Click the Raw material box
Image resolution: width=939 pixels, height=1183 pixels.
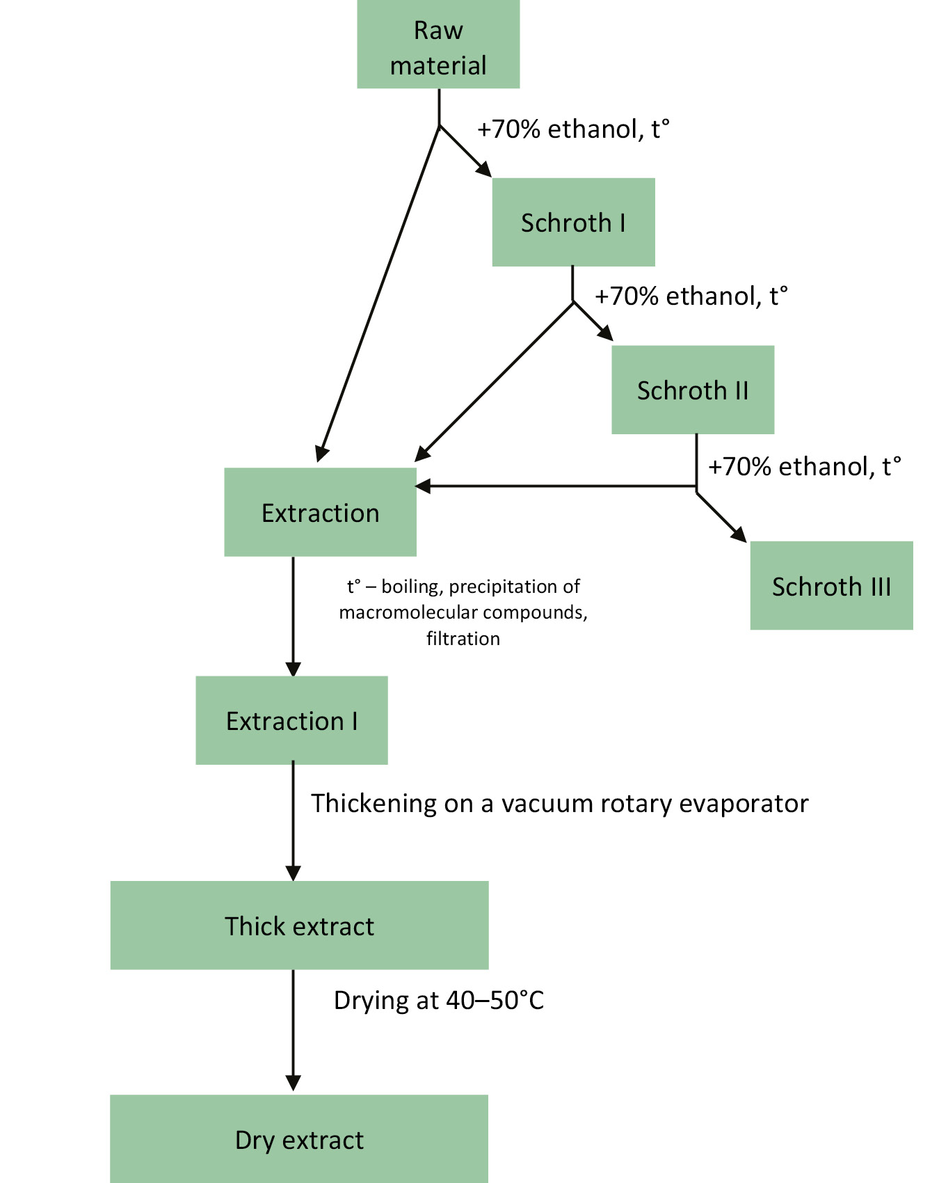[x=438, y=45]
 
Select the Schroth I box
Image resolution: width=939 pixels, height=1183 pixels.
[x=573, y=222]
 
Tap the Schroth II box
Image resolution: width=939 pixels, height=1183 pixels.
[x=693, y=390]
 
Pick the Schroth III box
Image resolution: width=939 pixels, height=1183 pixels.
[x=831, y=586]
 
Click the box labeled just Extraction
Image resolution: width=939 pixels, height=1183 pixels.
[x=320, y=512]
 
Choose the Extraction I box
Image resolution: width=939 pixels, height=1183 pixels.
[x=291, y=720]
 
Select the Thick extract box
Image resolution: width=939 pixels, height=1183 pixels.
[x=299, y=926]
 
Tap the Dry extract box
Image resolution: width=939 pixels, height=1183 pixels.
[x=299, y=1139]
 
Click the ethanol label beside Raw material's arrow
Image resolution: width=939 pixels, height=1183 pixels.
[x=573, y=129]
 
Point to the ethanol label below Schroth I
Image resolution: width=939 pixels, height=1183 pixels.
[x=691, y=296]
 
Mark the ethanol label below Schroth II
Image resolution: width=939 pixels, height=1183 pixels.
[x=805, y=466]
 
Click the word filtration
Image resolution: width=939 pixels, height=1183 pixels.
[x=463, y=639]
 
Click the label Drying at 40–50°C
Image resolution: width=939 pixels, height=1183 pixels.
[x=439, y=1000]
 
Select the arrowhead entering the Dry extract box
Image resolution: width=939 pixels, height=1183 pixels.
[x=294, y=1082]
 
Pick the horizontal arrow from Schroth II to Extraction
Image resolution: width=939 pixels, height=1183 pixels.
[x=556, y=486]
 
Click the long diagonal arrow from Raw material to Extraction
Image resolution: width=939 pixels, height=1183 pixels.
[x=379, y=292]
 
